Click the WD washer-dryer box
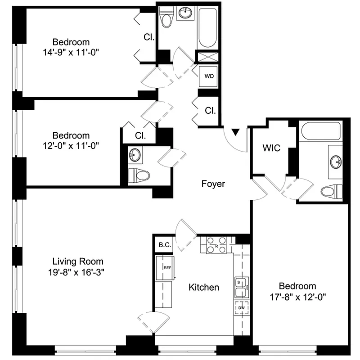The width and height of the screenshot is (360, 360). click(209, 76)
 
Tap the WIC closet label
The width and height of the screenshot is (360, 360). click(272, 148)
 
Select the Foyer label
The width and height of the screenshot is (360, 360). click(213, 184)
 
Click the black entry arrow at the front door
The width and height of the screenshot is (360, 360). click(235, 132)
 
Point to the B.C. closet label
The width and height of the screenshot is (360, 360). click(164, 245)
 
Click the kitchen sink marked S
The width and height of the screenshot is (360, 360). click(241, 287)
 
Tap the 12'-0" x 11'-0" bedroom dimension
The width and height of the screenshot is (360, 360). click(71, 145)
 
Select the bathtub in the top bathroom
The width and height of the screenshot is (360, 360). click(208, 27)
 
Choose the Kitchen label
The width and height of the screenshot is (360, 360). click(203, 287)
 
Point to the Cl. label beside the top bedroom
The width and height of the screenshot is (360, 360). click(149, 38)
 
